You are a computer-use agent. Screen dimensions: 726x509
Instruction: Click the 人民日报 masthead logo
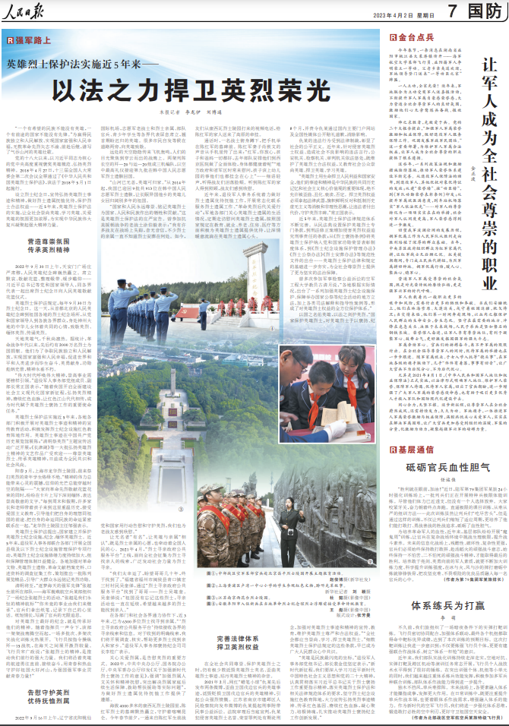(x=27, y=12)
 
